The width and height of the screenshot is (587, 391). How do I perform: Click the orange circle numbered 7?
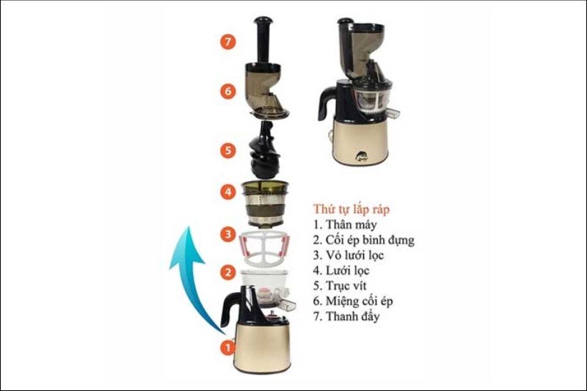coord(228,42)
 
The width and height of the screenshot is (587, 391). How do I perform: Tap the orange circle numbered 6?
coord(228,92)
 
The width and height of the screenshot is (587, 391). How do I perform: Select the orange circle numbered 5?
coord(228,150)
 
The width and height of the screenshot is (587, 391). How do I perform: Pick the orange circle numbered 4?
coord(228,193)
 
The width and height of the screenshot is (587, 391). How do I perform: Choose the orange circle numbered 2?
coord(228,272)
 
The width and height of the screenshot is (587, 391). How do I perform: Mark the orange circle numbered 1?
coord(228,345)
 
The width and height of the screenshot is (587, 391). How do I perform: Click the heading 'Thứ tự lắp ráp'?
coord(351,209)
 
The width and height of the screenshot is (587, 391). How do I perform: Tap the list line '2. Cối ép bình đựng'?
coord(363,240)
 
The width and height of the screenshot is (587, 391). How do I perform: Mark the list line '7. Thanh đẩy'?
coord(346,317)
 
